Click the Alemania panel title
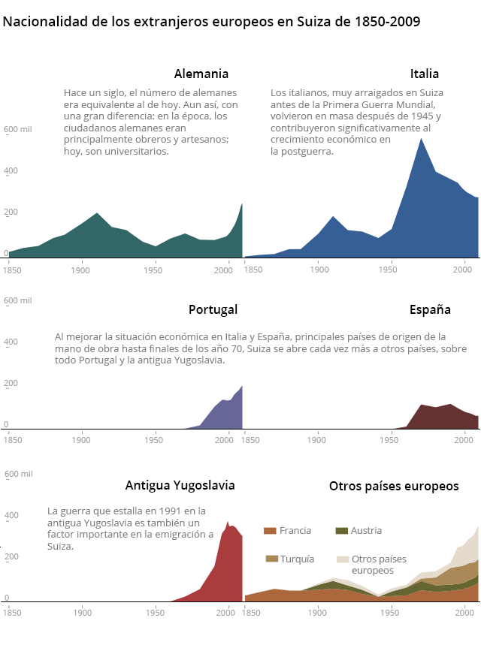(x=201, y=74)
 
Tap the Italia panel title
(x=425, y=74)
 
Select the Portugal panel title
(x=213, y=309)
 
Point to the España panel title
(x=430, y=309)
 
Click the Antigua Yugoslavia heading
(x=180, y=485)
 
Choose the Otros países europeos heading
(x=394, y=486)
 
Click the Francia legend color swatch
(x=270, y=531)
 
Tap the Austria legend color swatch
(x=341, y=531)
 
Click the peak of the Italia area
(x=422, y=139)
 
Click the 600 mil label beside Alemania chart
(x=18, y=130)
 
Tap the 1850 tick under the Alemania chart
(x=12, y=268)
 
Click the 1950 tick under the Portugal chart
(x=155, y=439)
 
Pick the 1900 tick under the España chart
(x=319, y=439)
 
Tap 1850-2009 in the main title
(x=385, y=21)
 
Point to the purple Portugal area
(x=225, y=413)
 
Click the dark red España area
(x=440, y=417)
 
